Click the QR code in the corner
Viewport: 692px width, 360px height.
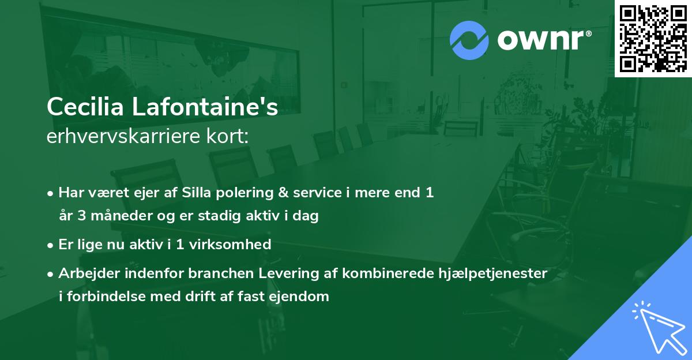point(653,39)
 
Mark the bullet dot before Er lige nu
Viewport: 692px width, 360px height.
point(51,245)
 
